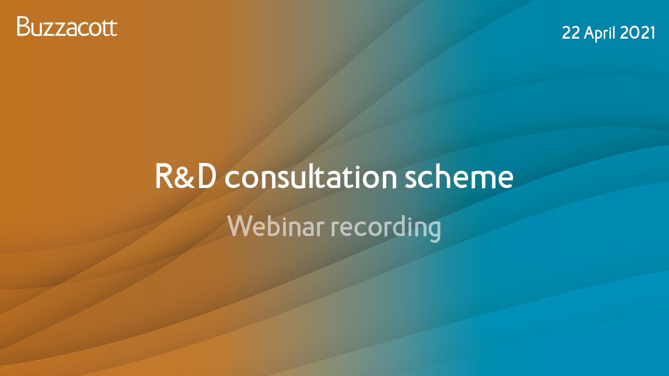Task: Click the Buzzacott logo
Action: coord(67,27)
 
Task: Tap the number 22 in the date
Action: coord(571,33)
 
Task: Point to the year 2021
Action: coord(638,33)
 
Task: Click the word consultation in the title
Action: coord(312,177)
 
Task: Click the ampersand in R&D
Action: coord(187,178)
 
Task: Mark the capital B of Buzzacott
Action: coord(22,27)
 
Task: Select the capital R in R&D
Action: coord(166,177)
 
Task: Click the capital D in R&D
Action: coord(206,177)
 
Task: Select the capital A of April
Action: coord(590,33)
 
